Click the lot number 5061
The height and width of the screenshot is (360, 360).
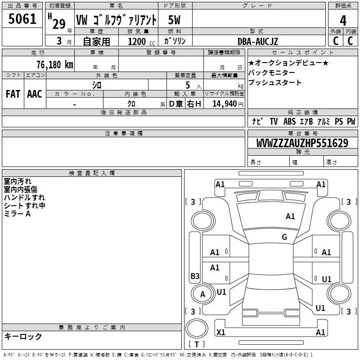[22, 19]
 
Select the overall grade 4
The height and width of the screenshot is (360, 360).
[343, 21]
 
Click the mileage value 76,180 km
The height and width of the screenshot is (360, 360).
[55, 64]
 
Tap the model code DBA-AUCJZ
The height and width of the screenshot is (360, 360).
[257, 41]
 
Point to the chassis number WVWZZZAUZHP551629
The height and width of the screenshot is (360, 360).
[302, 143]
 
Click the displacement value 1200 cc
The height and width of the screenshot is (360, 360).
[141, 41]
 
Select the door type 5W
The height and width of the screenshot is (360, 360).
[174, 20]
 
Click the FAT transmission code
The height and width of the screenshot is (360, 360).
[13, 94]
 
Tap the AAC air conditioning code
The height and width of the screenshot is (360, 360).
[35, 94]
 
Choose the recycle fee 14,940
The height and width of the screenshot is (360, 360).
[224, 104]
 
